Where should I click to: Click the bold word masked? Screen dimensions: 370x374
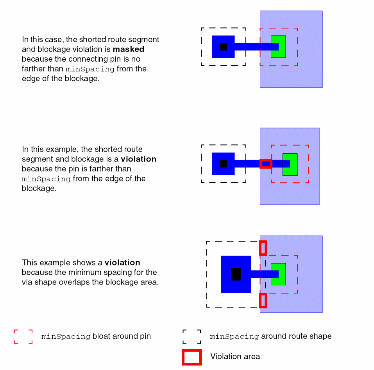(x=129, y=50)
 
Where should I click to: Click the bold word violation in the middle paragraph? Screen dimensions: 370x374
(x=138, y=159)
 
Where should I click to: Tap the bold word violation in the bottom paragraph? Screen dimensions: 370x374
(x=122, y=263)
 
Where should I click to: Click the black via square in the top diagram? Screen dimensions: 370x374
(x=223, y=47)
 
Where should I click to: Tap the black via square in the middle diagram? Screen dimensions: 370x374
(x=223, y=164)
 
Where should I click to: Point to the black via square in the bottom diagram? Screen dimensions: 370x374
(x=236, y=274)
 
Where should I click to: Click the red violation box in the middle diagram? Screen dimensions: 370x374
(x=266, y=164)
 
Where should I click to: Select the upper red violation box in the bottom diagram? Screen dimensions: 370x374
(x=263, y=248)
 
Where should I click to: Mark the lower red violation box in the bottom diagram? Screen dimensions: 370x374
(x=263, y=301)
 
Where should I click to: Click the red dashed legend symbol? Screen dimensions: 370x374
(x=23, y=336)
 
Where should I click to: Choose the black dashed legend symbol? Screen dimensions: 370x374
(x=191, y=336)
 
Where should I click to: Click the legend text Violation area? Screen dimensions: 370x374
(x=235, y=356)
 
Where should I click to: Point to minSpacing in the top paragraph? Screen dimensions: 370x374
(x=89, y=69)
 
